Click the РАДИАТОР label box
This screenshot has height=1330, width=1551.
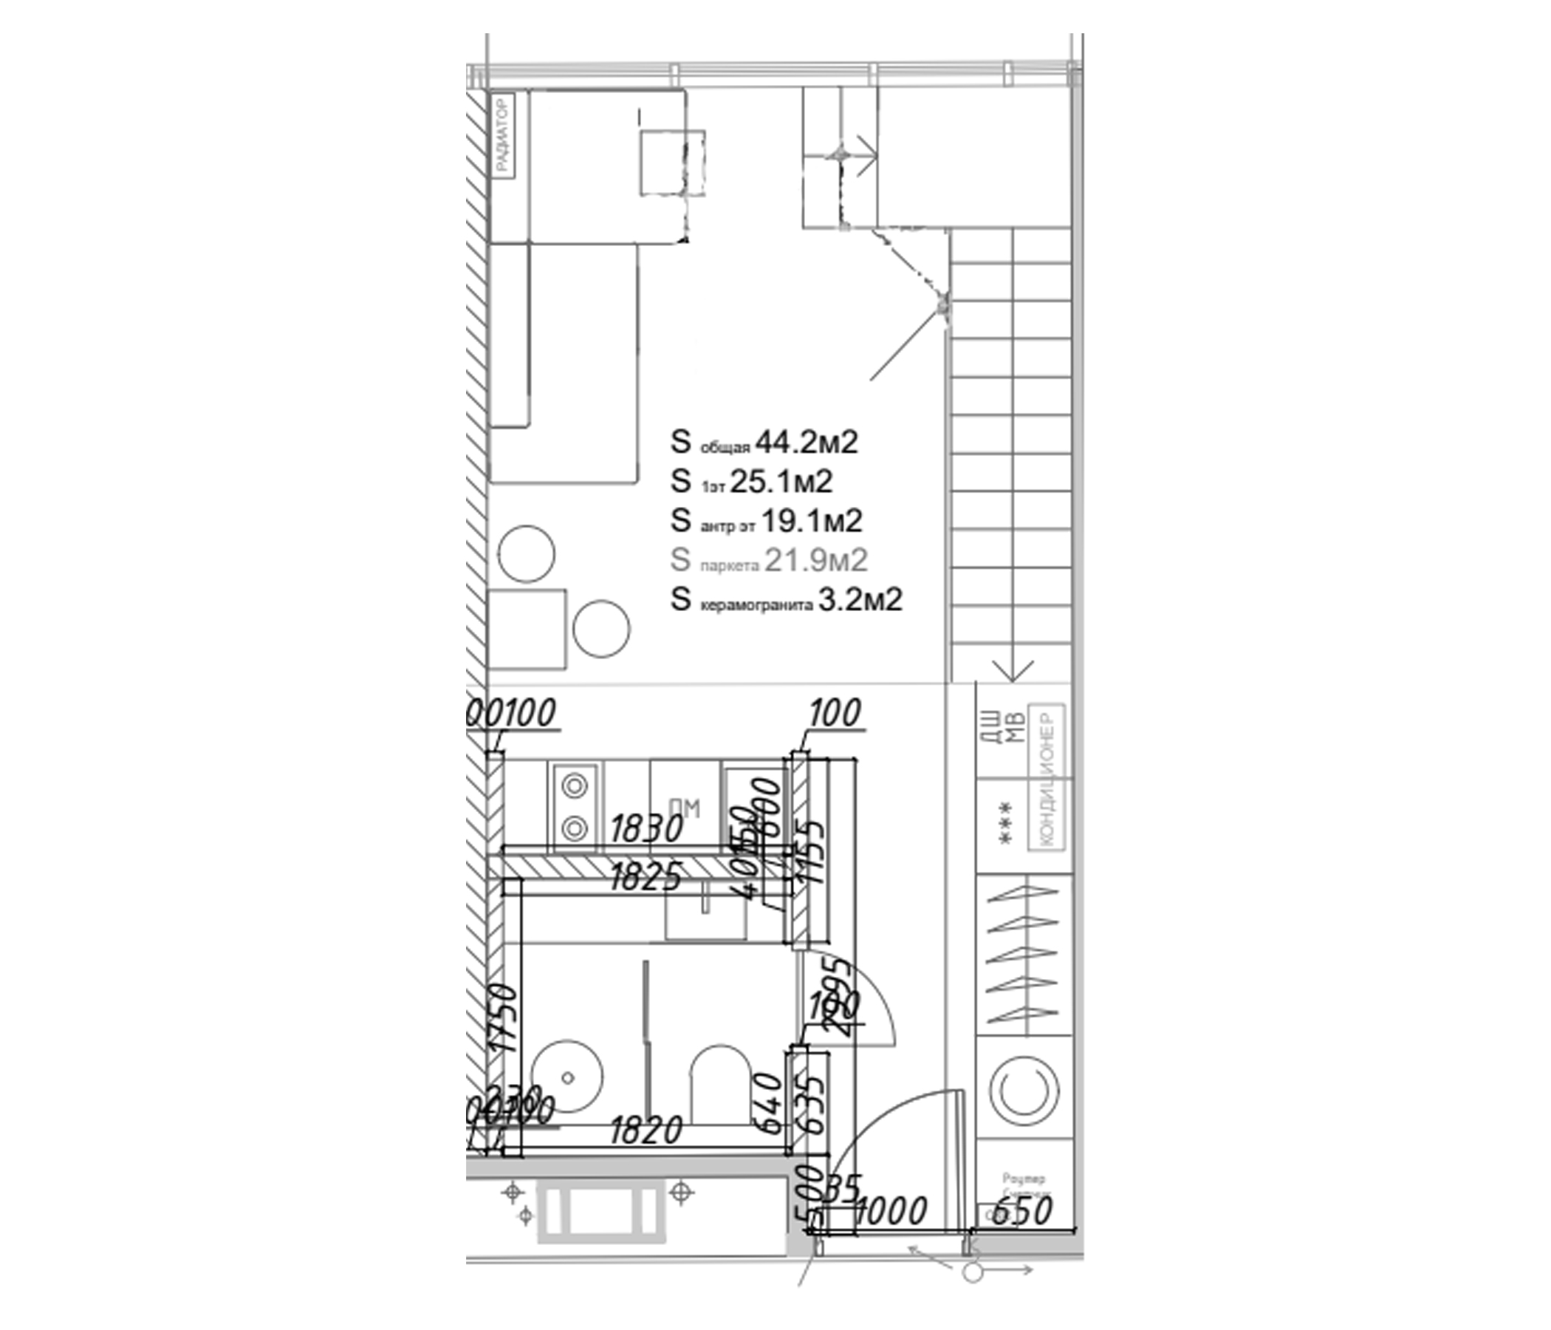(x=503, y=134)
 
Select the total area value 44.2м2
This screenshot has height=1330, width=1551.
(x=807, y=443)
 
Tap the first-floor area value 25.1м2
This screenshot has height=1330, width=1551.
(x=781, y=482)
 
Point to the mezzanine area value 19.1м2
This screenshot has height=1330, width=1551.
(x=812, y=520)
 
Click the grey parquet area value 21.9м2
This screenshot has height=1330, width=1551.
(x=815, y=559)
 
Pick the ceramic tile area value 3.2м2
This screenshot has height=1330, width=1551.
(x=860, y=599)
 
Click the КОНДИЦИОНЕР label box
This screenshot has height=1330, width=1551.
(x=1046, y=778)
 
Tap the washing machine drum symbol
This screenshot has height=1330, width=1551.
(x=1024, y=1091)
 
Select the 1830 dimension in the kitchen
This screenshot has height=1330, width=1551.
(x=647, y=829)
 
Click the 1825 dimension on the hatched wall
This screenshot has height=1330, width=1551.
(x=646, y=877)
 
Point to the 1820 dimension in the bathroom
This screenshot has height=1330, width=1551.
(x=646, y=1130)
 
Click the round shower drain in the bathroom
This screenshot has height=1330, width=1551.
(x=567, y=1077)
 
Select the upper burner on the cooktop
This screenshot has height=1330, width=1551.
(x=574, y=786)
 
